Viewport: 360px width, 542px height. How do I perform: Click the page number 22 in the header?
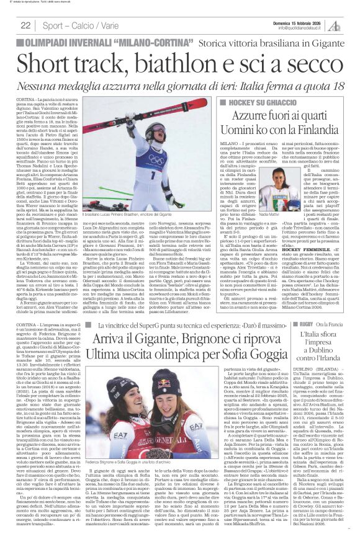[x=26, y=25]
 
